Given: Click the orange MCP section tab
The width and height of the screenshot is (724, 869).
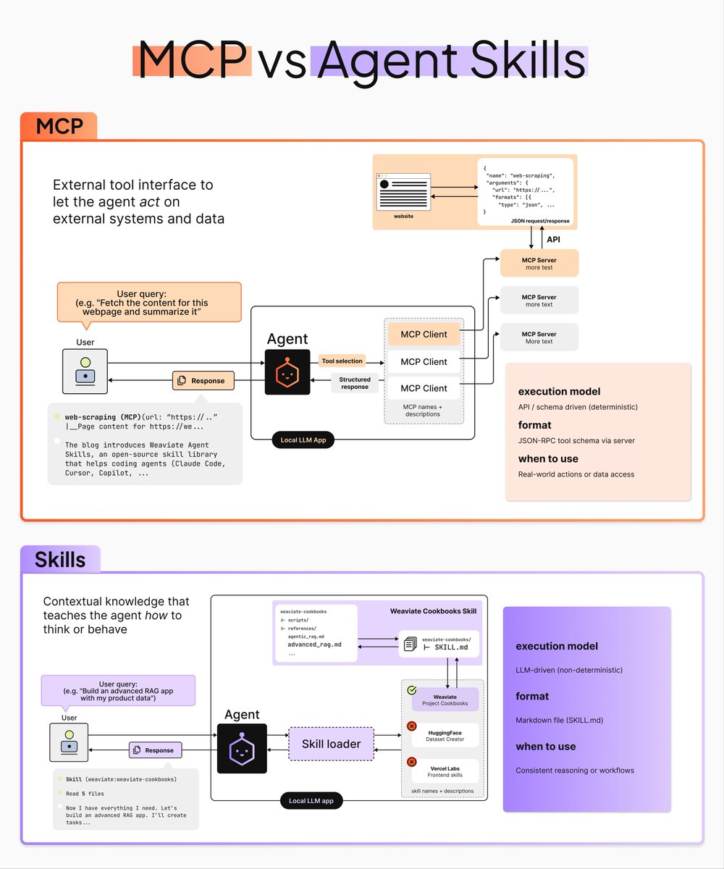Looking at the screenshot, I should click(59, 127).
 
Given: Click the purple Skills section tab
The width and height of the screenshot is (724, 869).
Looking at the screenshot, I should click(60, 559).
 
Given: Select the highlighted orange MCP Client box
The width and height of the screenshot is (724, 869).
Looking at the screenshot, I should click(424, 335).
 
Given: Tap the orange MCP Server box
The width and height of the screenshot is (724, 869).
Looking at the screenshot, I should click(539, 264).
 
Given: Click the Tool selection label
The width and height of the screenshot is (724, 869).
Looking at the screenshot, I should click(342, 361).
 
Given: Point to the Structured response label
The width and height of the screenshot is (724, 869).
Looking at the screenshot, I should click(355, 383).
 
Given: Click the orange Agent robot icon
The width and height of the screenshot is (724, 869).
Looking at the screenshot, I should click(287, 372).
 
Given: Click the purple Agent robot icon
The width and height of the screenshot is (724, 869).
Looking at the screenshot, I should click(242, 748).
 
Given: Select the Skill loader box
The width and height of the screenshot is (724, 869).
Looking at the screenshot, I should click(331, 744).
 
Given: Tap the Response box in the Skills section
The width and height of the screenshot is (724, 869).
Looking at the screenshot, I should click(155, 750).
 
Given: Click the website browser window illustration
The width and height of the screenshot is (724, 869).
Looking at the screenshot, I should click(403, 192).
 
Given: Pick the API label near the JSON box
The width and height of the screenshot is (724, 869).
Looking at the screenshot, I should click(553, 238).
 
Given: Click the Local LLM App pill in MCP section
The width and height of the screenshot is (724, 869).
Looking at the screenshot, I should click(303, 440).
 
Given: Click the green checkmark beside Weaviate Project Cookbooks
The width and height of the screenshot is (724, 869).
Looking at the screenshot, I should click(411, 691).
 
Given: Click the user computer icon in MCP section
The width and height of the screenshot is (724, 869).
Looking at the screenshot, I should click(85, 371).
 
